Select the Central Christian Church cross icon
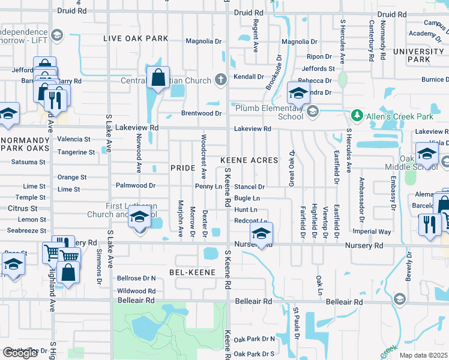(x=220, y=80)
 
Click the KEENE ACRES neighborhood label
(x=249, y=160)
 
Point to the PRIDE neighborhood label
(x=183, y=168)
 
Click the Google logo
(x=20, y=353)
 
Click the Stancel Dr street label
(x=249, y=187)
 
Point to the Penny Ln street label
(x=209, y=187)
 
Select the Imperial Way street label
(x=372, y=232)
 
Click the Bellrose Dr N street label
(x=136, y=278)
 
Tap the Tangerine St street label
(x=76, y=152)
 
